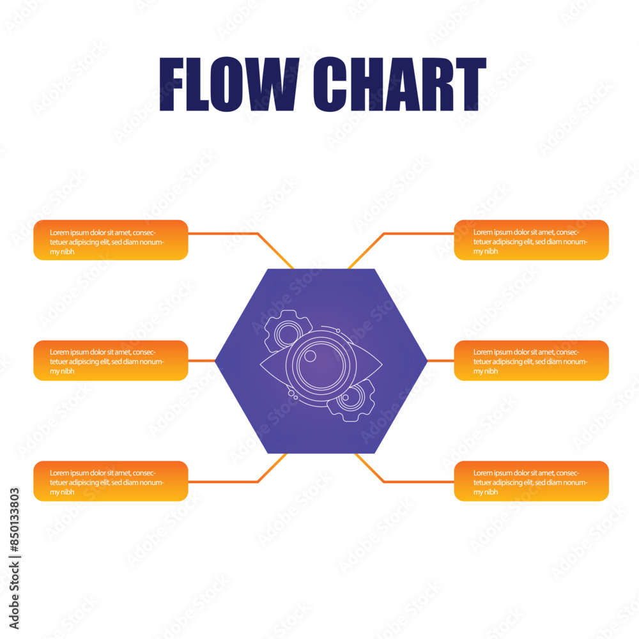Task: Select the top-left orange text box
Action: pos(111,240)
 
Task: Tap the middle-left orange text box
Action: pos(111,360)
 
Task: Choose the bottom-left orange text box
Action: pos(111,481)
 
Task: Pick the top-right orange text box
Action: pos(531,240)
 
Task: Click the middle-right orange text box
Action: pos(531,360)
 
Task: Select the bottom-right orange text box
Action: pos(531,481)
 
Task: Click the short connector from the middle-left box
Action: pos(201,360)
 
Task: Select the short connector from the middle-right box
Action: pos(440,360)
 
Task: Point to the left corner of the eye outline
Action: pos(262,366)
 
